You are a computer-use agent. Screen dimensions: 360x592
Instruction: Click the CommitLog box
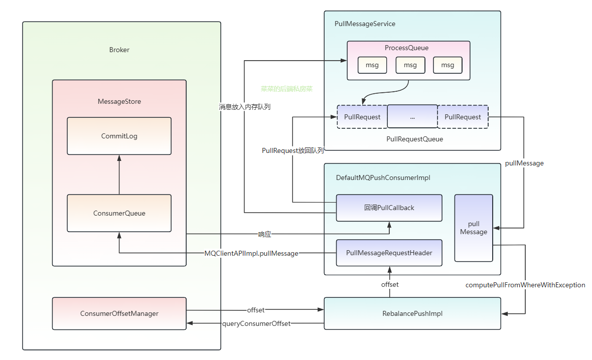pyautogui.click(x=119, y=136)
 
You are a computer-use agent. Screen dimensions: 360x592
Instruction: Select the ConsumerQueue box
pyautogui.click(x=119, y=213)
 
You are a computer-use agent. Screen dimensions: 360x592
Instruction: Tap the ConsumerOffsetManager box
pyautogui.click(x=119, y=313)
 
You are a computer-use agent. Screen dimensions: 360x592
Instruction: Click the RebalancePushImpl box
pyautogui.click(x=412, y=313)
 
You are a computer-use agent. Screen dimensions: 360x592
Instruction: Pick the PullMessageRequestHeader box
pyautogui.click(x=389, y=253)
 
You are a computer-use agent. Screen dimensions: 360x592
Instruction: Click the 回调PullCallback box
pyautogui.click(x=389, y=208)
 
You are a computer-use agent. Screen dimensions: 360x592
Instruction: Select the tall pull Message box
pyautogui.click(x=474, y=228)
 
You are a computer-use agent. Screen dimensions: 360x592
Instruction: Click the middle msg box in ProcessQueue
pyautogui.click(x=410, y=65)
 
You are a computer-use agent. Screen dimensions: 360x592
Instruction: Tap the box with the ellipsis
pyautogui.click(x=412, y=117)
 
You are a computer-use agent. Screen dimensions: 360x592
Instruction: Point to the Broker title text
pyautogui.click(x=119, y=50)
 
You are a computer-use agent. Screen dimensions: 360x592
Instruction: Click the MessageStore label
pyautogui.click(x=119, y=101)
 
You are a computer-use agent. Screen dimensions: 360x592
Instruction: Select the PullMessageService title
pyautogui.click(x=365, y=24)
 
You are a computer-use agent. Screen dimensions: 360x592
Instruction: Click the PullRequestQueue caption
pyautogui.click(x=414, y=139)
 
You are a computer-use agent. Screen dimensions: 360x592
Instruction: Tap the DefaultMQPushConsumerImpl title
pyautogui.click(x=383, y=177)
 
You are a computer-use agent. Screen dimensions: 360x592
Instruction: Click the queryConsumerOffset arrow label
pyautogui.click(x=256, y=323)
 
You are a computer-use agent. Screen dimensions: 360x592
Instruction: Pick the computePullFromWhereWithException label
pyautogui.click(x=525, y=285)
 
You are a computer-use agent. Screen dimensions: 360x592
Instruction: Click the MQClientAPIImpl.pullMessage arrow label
pyautogui.click(x=251, y=253)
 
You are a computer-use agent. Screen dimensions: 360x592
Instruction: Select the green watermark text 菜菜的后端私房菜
pyautogui.click(x=286, y=89)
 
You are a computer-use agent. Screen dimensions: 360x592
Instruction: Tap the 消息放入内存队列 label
pyautogui.click(x=244, y=106)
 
